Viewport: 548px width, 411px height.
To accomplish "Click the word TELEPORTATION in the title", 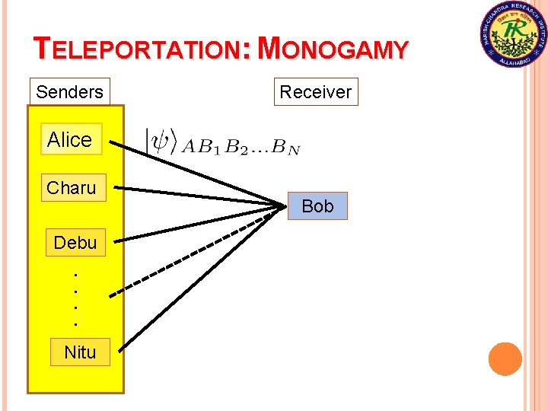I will point(138,50).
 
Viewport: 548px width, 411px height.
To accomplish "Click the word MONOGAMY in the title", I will point(333,49).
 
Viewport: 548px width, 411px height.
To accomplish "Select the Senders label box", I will point(69,92).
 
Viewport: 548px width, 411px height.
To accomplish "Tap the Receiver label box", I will point(315,92).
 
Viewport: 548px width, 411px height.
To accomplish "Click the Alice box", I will point(69,139).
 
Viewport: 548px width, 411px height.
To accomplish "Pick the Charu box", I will point(71,187).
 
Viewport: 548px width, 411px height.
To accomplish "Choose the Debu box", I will point(75,243).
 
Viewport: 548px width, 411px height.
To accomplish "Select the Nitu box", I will point(80,352).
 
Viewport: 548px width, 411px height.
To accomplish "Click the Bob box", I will point(317,206).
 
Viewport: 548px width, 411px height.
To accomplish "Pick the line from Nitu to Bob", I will point(198,276).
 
